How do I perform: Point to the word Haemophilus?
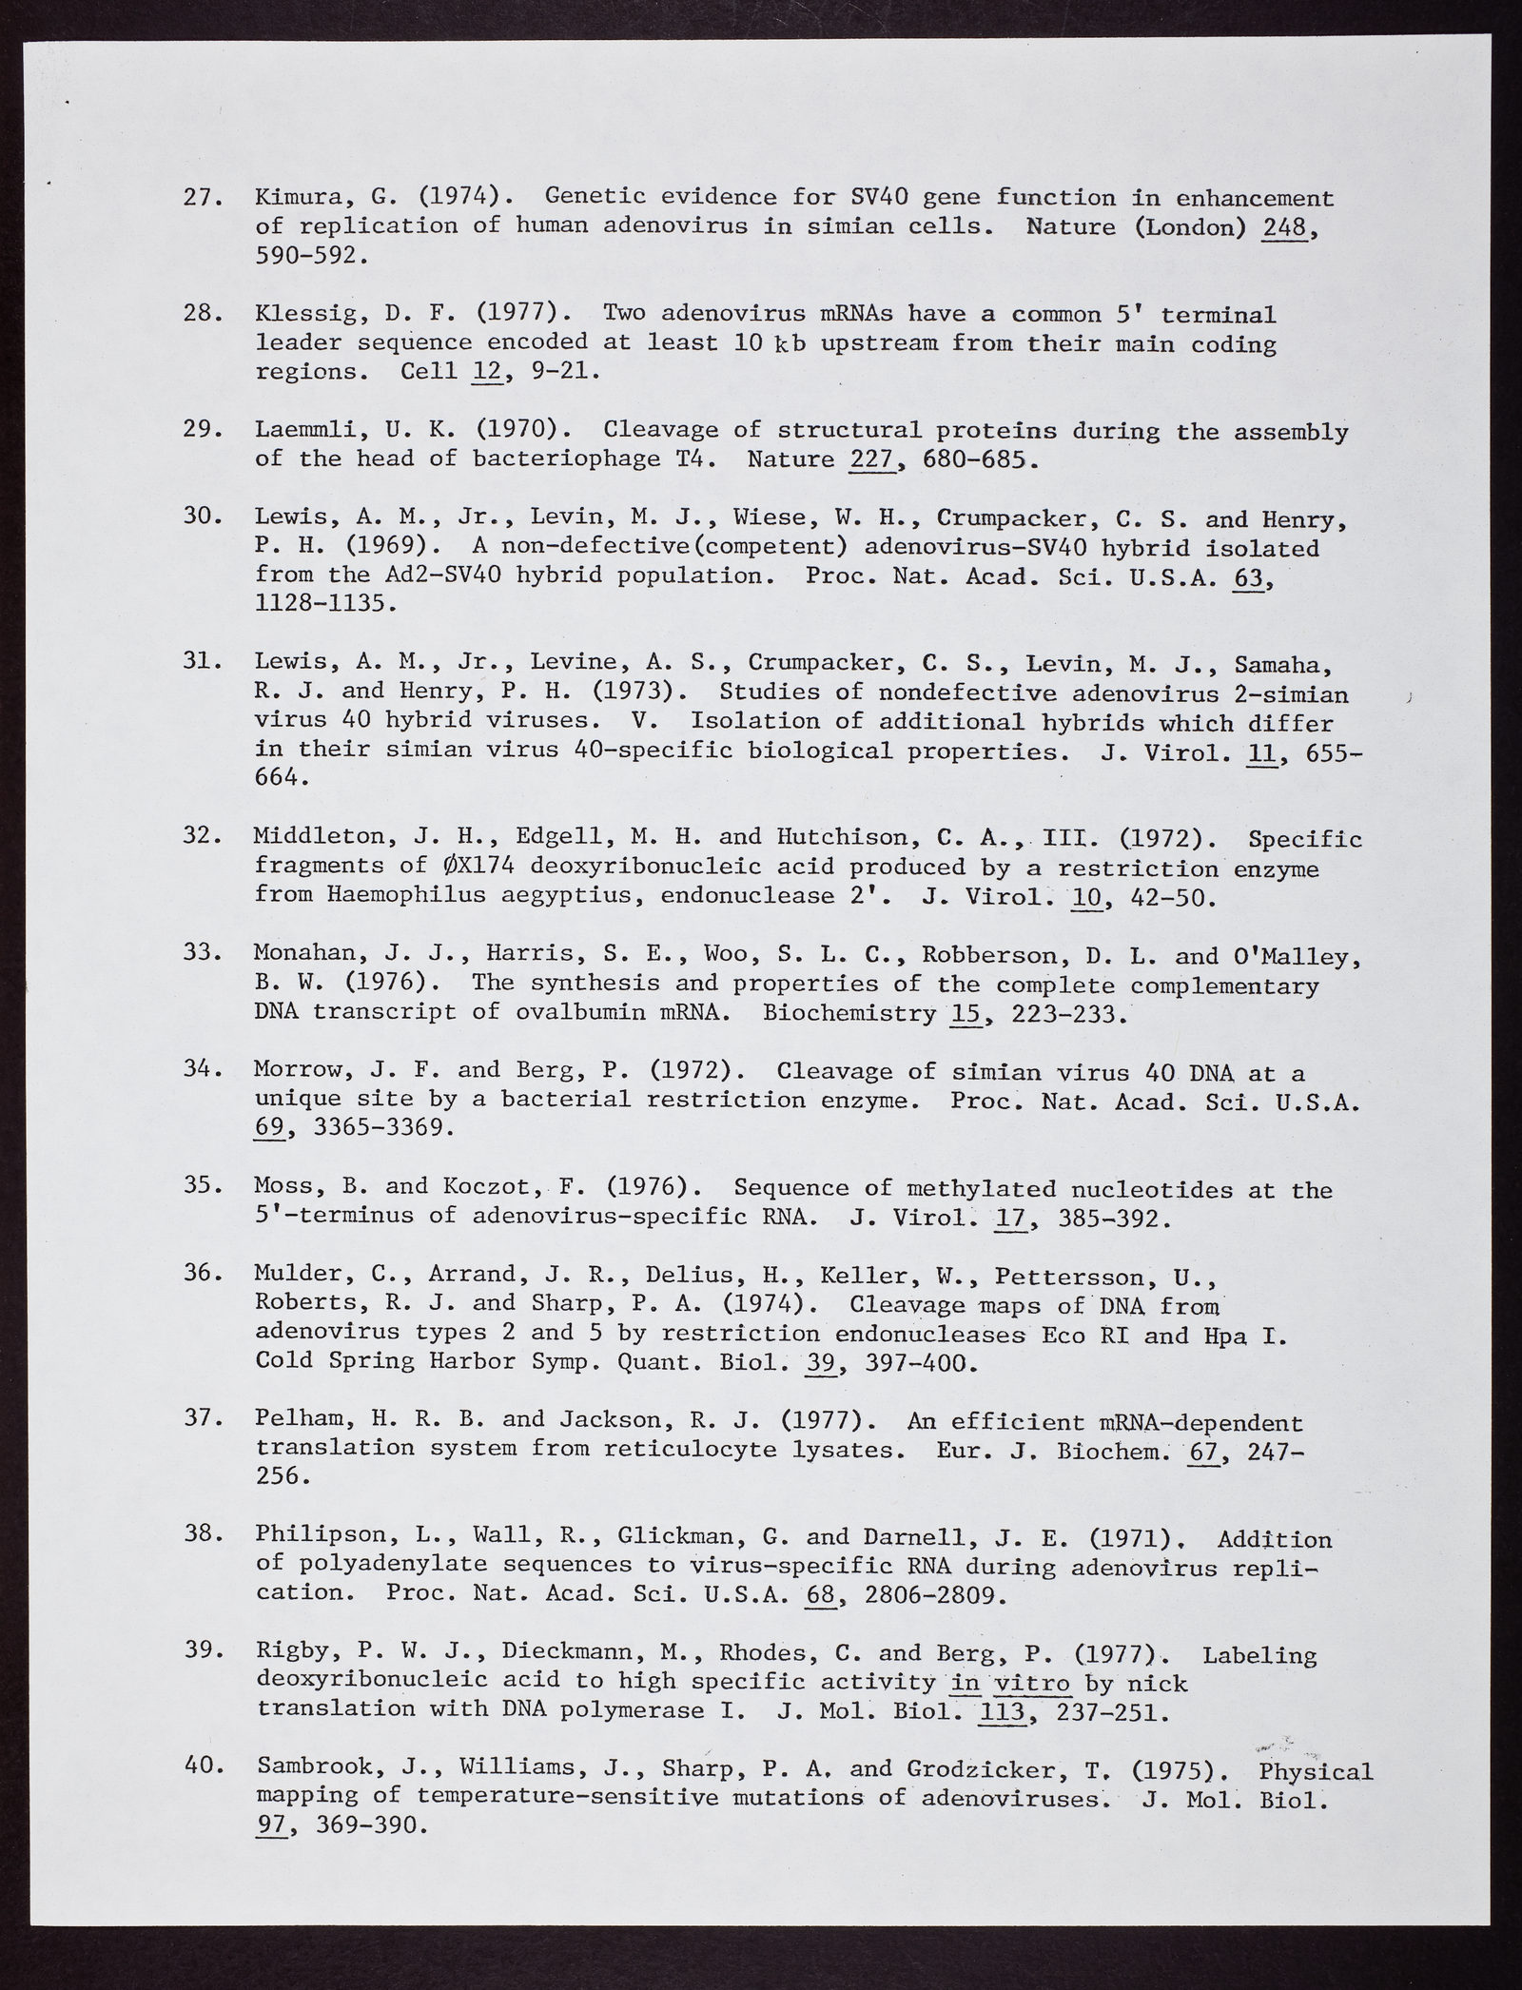tap(415, 895)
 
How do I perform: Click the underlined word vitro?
tap(1032, 1683)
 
